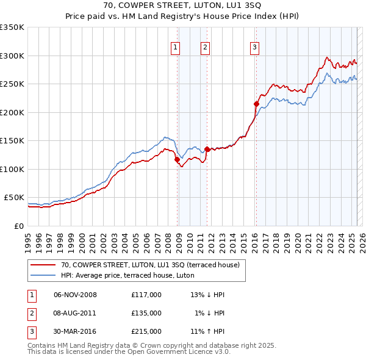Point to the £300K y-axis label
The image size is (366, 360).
pyautogui.click(x=12, y=56)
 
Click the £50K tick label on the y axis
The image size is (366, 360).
pyautogui.click(x=14, y=198)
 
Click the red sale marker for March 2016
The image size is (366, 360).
pyautogui.click(x=256, y=104)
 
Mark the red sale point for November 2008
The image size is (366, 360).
pyautogui.click(x=177, y=160)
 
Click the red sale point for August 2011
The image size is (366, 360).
pyautogui.click(x=207, y=149)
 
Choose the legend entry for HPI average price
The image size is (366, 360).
pyautogui.click(x=127, y=276)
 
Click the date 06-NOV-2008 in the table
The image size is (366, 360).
pyautogui.click(x=75, y=295)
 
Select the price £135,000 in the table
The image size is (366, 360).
pyautogui.click(x=146, y=313)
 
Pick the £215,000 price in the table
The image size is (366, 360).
pyautogui.click(x=146, y=331)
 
